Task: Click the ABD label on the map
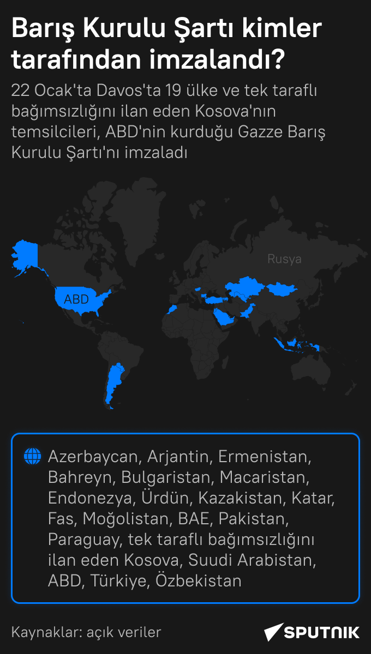pos(76,299)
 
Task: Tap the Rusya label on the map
pos(284,259)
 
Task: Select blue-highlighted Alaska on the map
pos(25,254)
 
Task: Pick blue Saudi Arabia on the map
pos(224,316)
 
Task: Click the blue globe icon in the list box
pos(32,456)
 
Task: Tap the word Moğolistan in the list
pos(128,519)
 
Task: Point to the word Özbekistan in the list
pos(199,581)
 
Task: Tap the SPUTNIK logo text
pos(322,632)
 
